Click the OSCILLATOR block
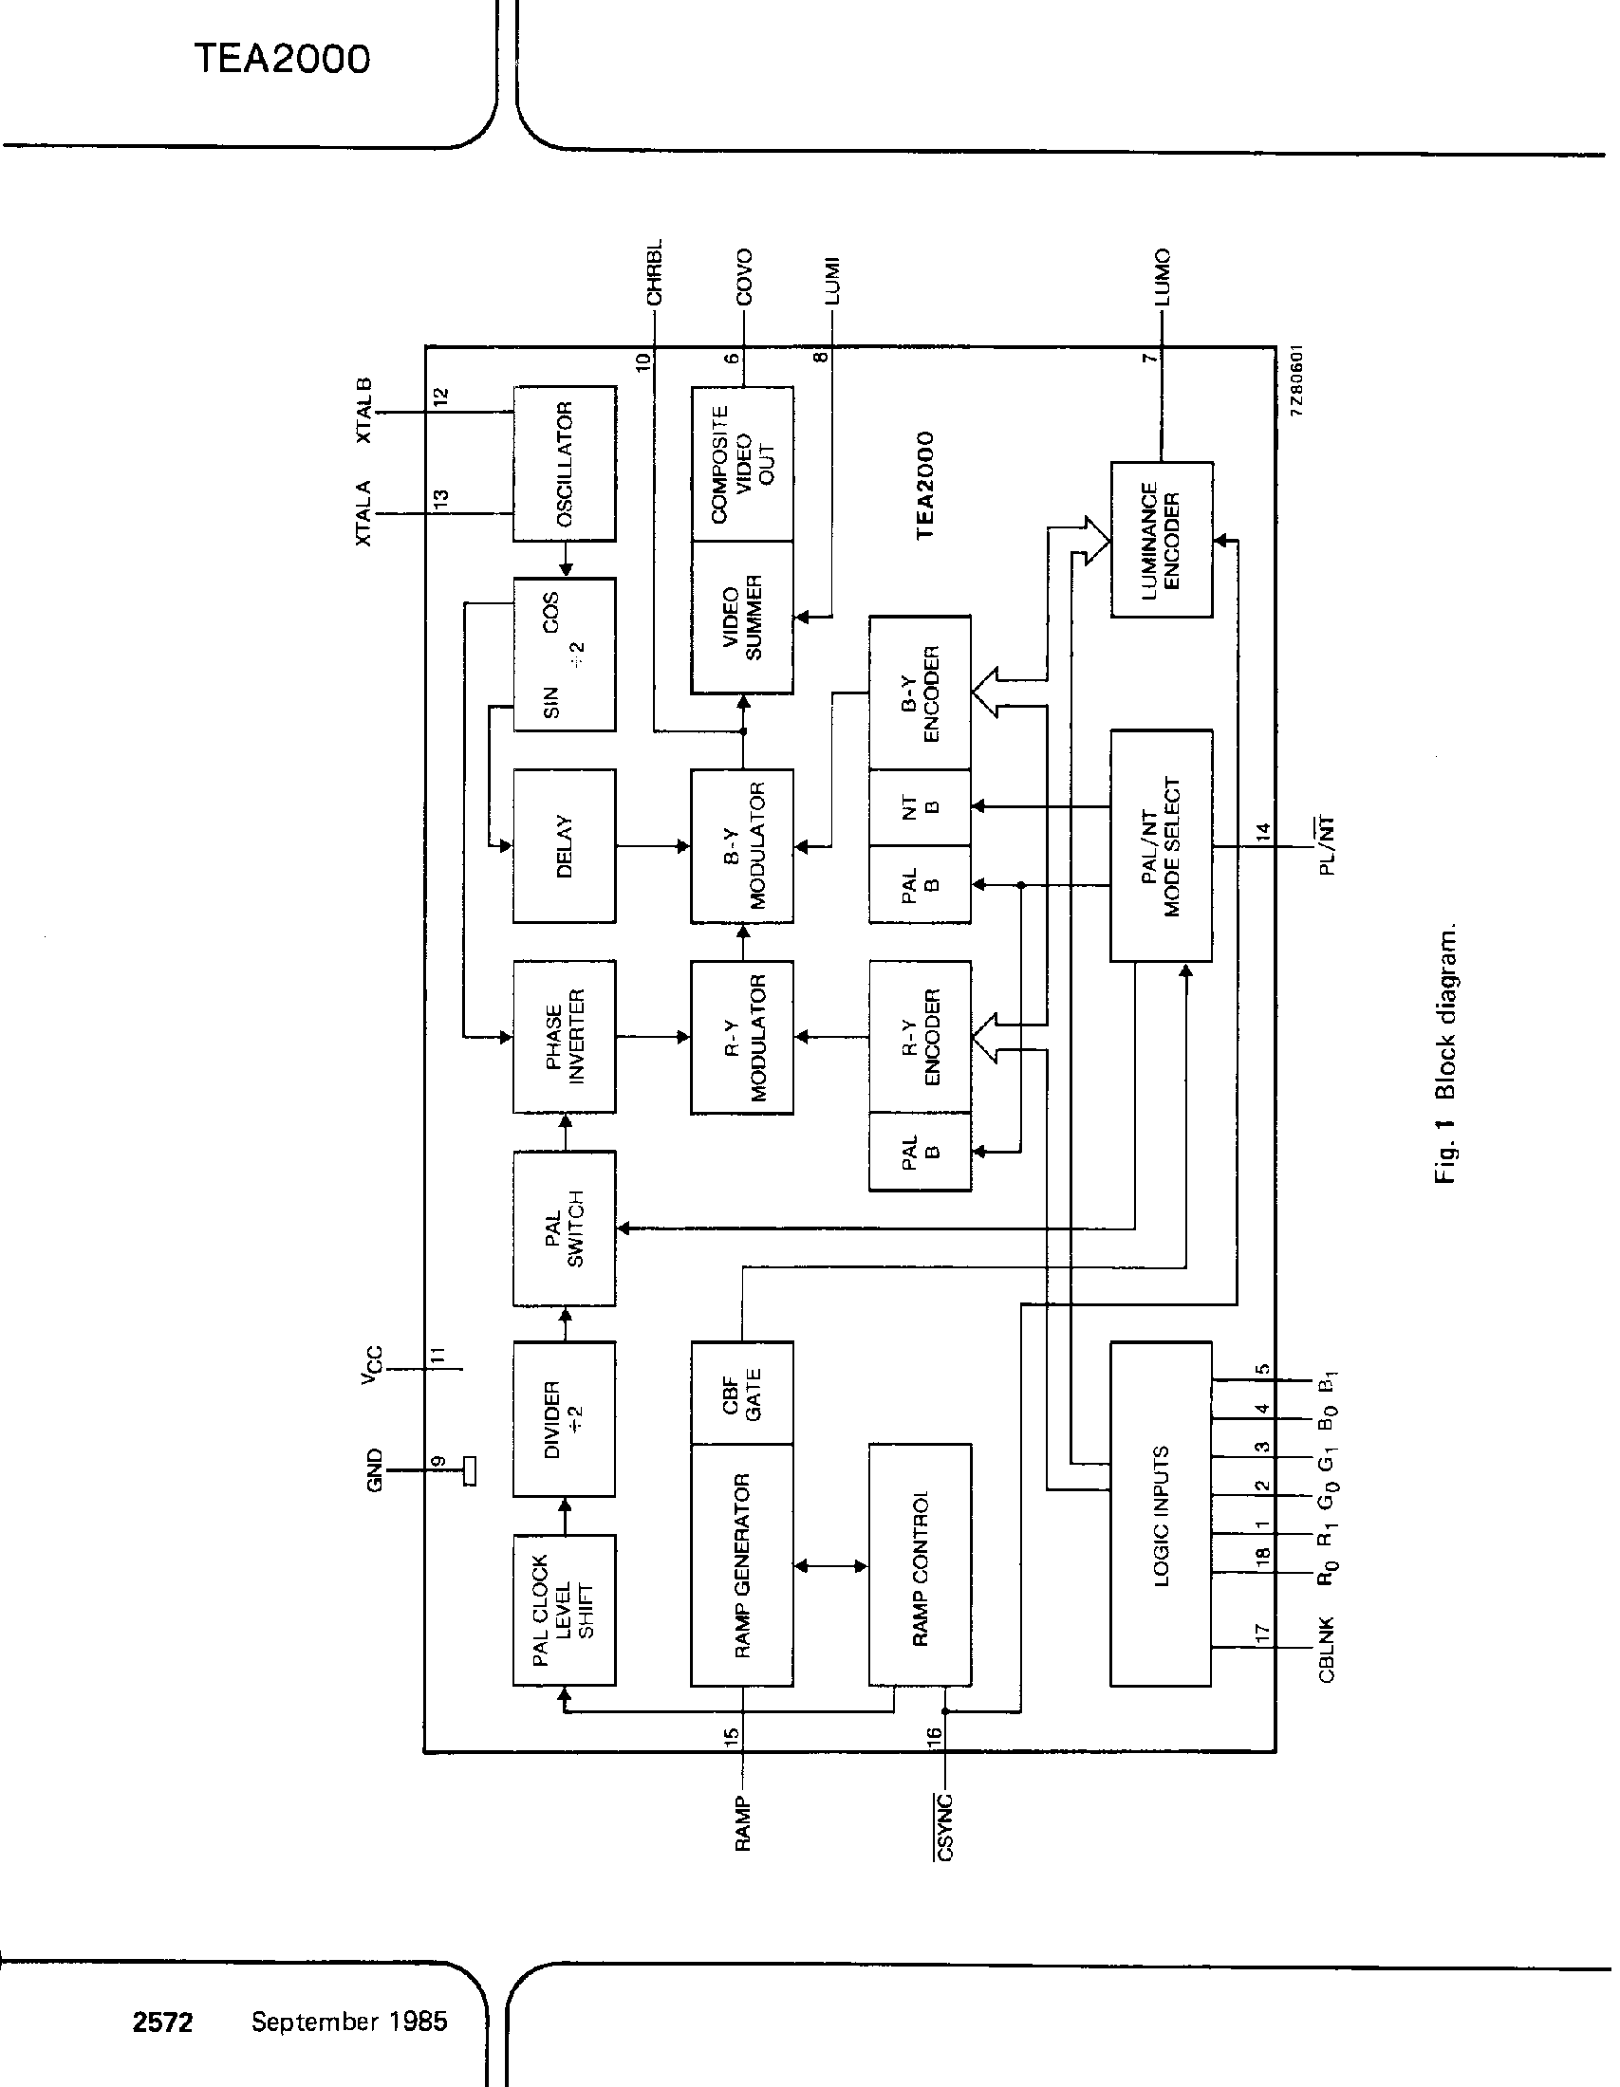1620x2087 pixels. coord(564,464)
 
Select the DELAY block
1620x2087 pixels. coord(564,845)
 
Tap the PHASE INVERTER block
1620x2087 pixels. coord(564,1037)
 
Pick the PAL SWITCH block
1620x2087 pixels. coord(564,1228)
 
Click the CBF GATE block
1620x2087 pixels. coord(741,1393)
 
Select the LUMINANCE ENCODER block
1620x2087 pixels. coord(1162,540)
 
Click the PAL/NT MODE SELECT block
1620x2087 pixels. coord(1162,845)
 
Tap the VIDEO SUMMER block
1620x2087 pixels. coord(741,618)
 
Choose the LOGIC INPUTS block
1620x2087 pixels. coord(1162,1515)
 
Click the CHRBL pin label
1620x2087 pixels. coord(655,272)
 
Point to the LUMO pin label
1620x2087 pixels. coord(1163,277)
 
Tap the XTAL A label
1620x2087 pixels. coord(364,513)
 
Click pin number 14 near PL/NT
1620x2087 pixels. coord(1263,831)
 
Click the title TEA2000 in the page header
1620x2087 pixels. coord(282,59)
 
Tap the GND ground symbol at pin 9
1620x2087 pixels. coord(468,1470)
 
